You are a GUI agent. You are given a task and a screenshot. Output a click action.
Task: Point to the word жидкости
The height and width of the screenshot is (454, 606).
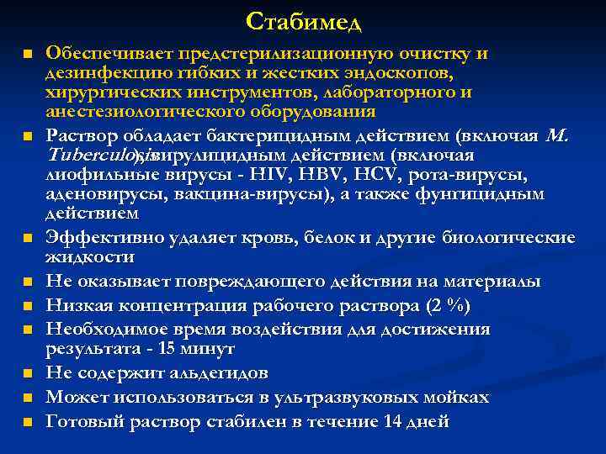coord(89,257)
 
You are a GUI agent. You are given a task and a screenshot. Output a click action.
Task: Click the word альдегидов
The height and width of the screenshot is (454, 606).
coord(213,372)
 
